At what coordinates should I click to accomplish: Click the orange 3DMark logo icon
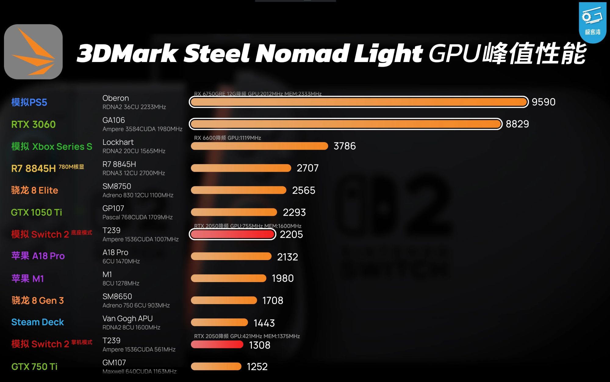point(33,52)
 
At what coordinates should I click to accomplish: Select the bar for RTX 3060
point(346,124)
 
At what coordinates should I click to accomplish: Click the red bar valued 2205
point(232,234)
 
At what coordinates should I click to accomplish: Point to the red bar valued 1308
point(217,344)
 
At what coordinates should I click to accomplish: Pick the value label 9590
point(544,102)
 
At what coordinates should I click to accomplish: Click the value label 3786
point(345,146)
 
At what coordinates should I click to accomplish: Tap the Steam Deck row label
point(38,322)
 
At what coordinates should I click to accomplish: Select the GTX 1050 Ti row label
point(36,212)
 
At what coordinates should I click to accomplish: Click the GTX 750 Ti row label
point(34,366)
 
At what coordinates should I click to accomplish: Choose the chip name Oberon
point(116,98)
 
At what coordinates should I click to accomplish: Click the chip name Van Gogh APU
point(127,318)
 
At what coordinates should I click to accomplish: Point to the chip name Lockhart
point(118,142)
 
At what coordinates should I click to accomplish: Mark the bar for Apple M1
point(228,278)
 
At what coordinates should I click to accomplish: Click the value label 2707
point(307,168)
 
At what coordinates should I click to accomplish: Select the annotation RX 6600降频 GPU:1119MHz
point(228,138)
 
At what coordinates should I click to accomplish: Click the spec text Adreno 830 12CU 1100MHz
point(138,195)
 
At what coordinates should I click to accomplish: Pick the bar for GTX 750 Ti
point(216,366)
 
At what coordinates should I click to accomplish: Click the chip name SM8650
point(117,296)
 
